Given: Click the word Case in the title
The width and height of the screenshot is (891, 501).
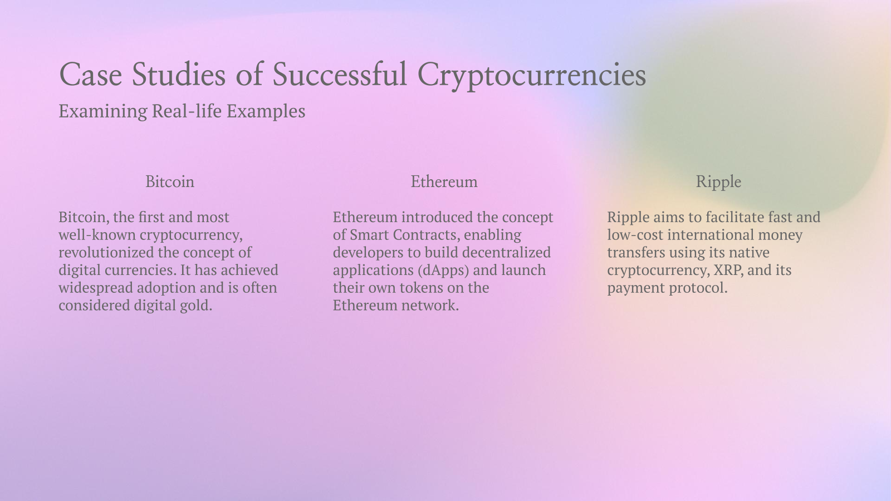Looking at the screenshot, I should click(90, 75).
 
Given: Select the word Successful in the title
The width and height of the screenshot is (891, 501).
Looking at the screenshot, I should click(340, 75).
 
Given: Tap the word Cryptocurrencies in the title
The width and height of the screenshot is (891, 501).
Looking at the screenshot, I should click(532, 75).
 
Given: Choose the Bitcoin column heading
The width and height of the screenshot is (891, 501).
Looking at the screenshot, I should click(170, 182).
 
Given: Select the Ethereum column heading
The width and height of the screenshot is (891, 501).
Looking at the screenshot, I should click(444, 182).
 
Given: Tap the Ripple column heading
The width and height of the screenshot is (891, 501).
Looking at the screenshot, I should click(718, 182).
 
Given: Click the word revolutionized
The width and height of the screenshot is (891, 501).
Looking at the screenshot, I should click(106, 253).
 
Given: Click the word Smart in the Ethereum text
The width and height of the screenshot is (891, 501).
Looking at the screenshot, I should click(369, 235).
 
